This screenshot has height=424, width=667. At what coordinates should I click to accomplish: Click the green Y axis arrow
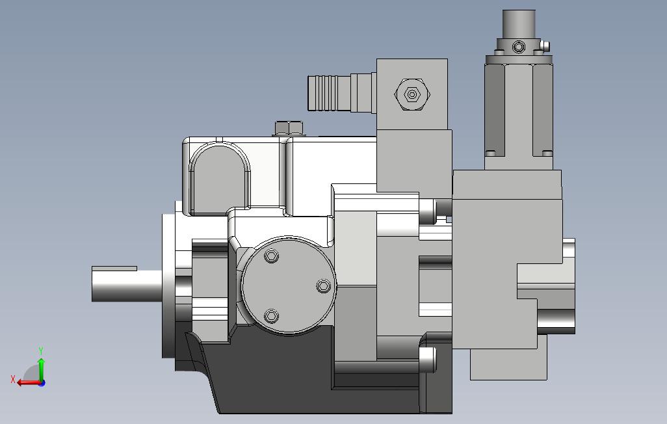tap(41, 369)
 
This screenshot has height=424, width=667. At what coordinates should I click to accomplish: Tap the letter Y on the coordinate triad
tap(41, 351)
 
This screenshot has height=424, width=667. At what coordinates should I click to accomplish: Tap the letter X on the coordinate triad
tap(13, 379)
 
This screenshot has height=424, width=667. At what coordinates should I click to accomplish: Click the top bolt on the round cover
tap(271, 256)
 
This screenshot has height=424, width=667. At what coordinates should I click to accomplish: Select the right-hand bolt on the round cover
tap(324, 285)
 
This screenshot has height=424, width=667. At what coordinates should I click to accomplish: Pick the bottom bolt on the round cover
tap(271, 316)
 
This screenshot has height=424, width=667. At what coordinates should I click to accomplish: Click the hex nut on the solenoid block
tap(412, 94)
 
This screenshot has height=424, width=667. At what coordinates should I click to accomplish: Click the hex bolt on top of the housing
tap(289, 128)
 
